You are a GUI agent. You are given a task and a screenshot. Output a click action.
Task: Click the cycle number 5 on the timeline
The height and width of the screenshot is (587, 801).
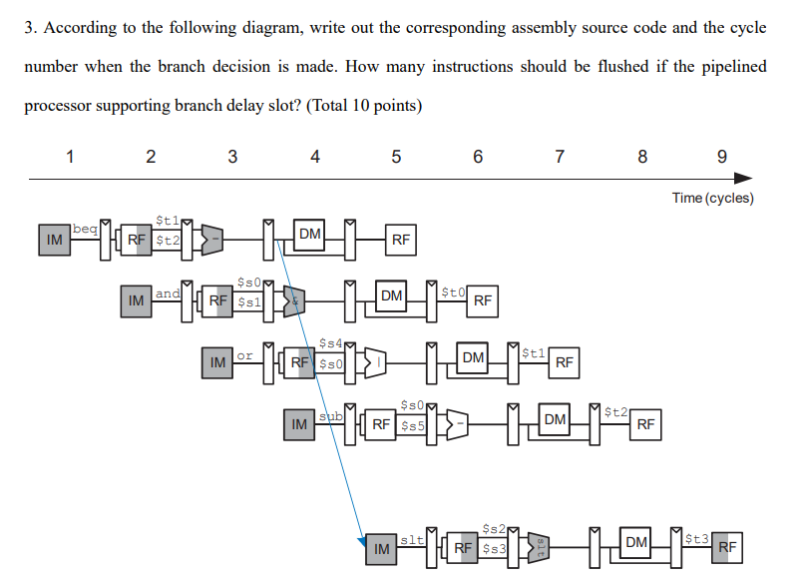[x=396, y=156]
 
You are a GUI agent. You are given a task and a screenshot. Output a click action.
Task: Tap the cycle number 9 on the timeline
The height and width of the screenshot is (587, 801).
[x=722, y=156]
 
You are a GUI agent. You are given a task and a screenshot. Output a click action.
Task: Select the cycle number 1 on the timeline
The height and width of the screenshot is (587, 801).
[x=69, y=156]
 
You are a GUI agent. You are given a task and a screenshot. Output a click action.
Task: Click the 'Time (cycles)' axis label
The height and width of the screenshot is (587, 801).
[x=712, y=198]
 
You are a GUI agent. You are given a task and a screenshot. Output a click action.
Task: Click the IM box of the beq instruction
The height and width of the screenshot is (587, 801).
[x=54, y=240]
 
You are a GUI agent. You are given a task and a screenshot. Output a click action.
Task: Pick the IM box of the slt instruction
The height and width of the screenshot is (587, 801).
[x=380, y=548]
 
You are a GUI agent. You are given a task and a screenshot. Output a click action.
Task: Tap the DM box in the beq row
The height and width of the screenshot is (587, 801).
[x=310, y=235]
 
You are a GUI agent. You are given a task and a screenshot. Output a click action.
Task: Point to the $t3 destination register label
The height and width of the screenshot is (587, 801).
[x=696, y=539]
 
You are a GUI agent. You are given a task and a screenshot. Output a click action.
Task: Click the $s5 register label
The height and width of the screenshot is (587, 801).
[x=413, y=425]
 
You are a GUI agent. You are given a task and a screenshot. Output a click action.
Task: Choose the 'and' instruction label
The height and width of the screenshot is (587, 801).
[x=169, y=293]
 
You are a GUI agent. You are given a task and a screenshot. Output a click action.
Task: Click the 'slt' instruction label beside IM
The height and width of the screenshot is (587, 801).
[x=412, y=540]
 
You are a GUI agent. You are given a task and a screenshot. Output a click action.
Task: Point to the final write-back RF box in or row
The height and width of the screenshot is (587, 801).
[x=565, y=362]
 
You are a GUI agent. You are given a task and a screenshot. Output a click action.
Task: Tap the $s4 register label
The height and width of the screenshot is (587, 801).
[x=331, y=343]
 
